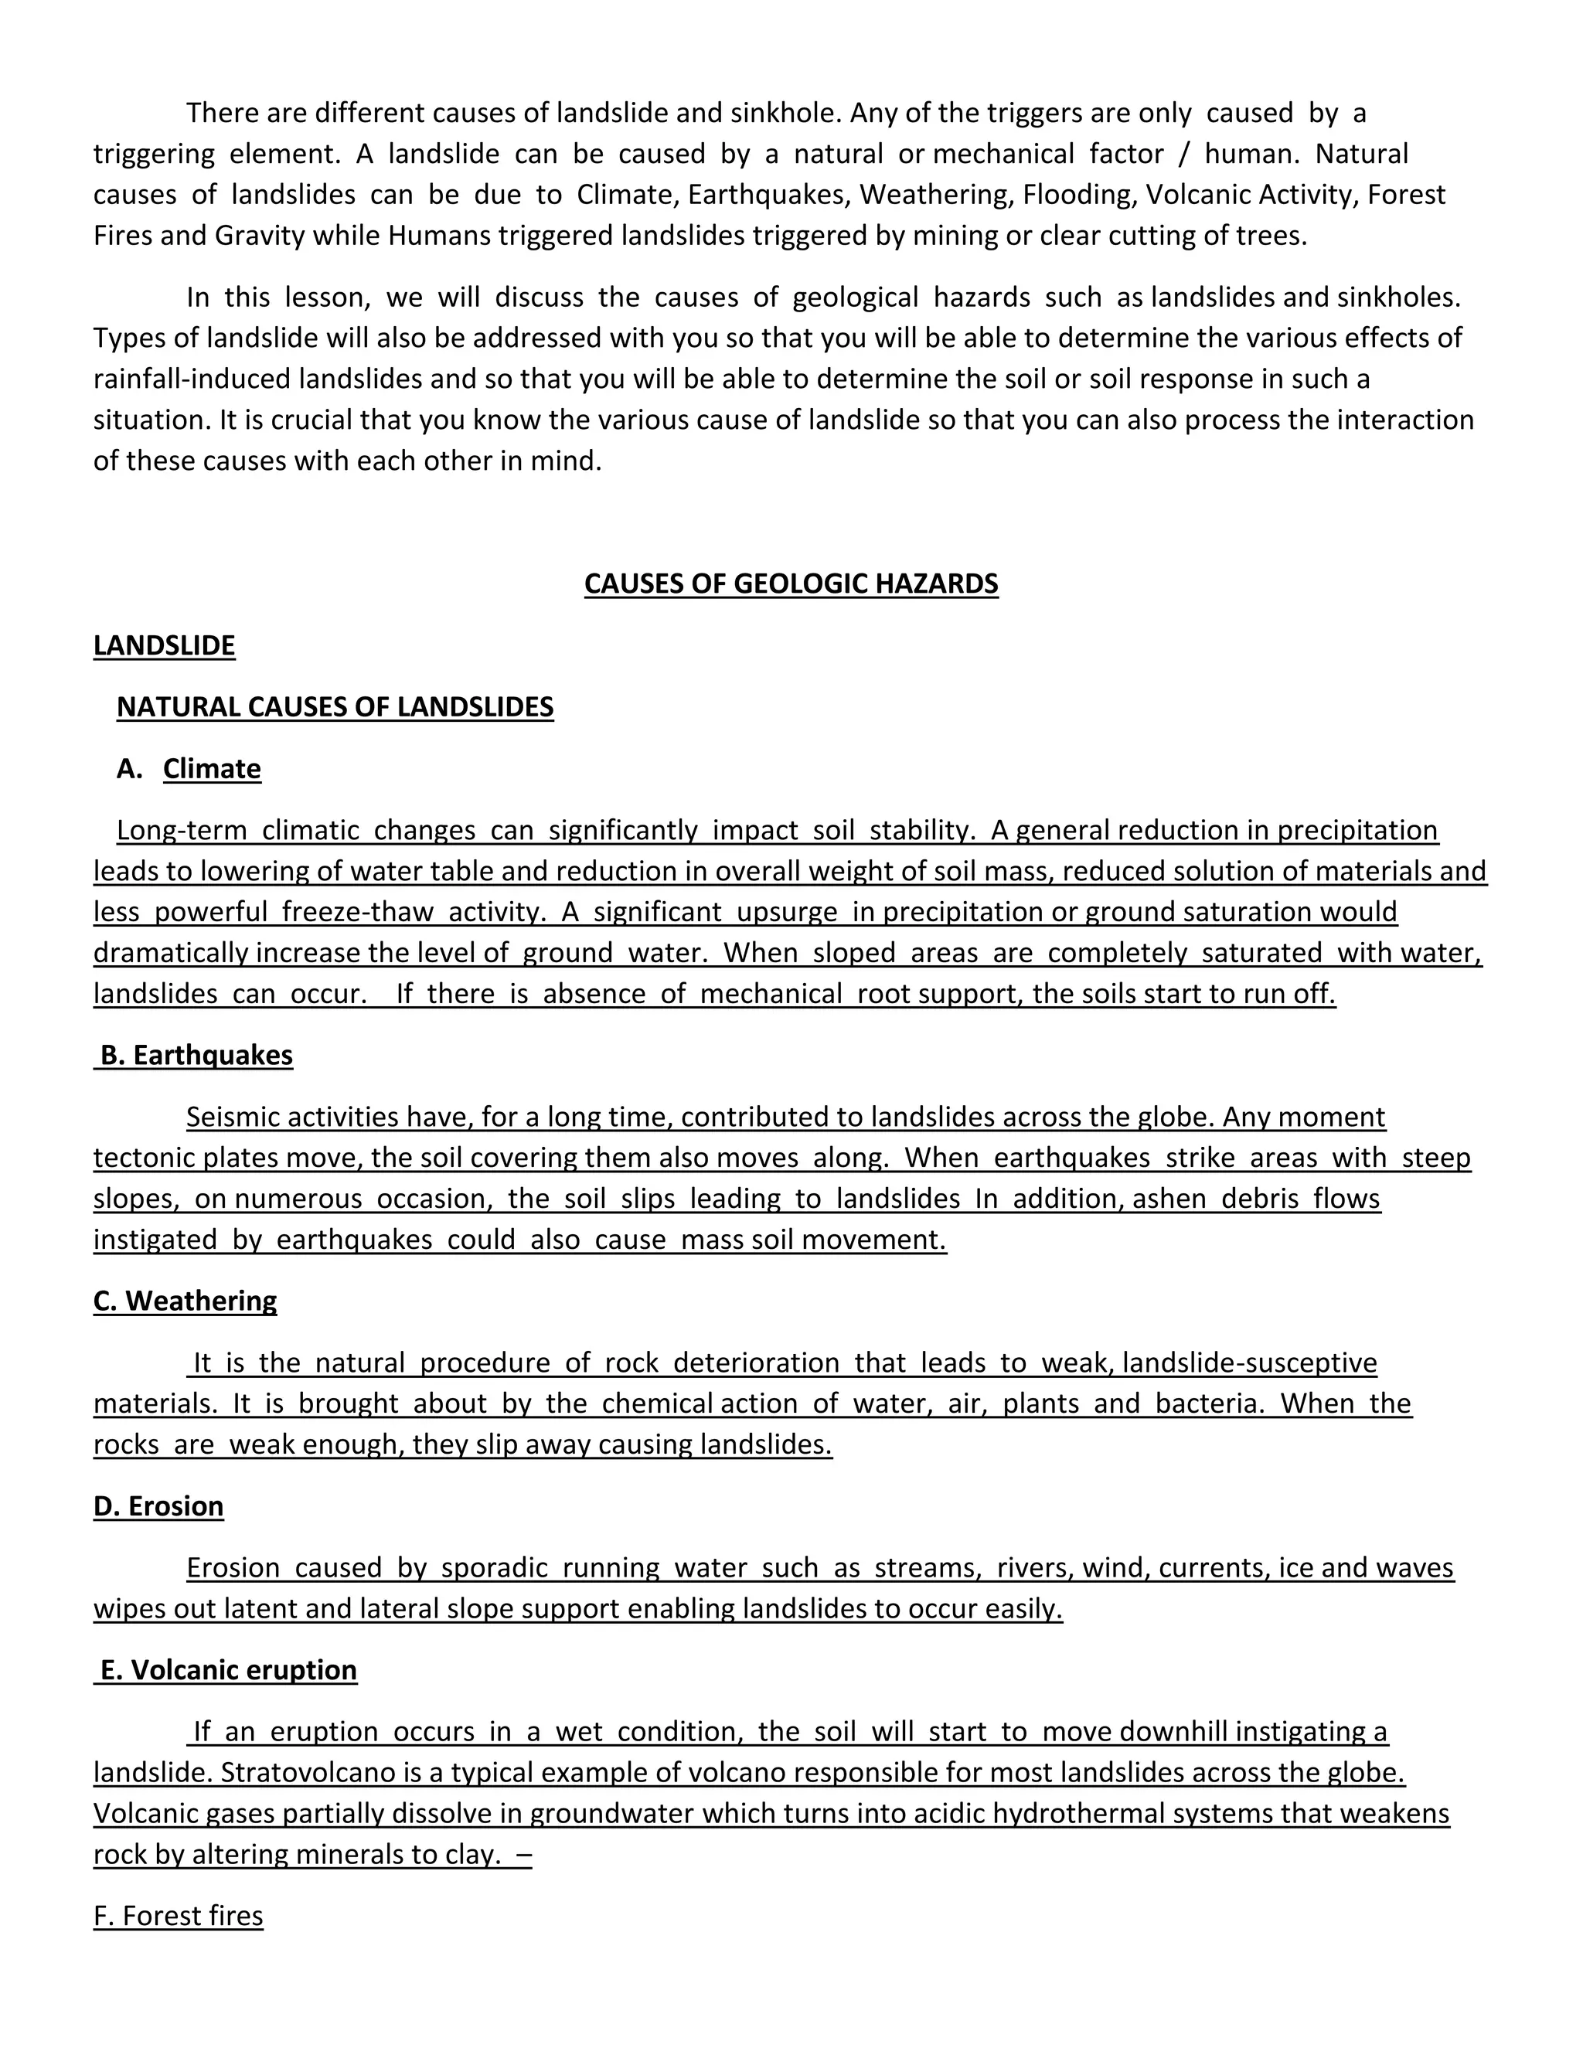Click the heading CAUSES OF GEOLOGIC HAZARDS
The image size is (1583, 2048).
tap(791, 583)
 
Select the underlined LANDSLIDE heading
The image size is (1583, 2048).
tap(164, 645)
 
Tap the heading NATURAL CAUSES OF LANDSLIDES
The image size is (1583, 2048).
tap(335, 706)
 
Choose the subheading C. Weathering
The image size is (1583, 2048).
tap(185, 1301)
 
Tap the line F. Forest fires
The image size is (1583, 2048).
tap(179, 1915)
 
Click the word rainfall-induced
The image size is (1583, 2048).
tap(192, 379)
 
